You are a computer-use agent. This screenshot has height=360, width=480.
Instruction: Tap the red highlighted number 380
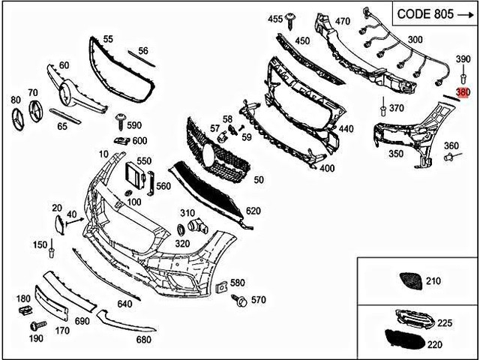click(463, 92)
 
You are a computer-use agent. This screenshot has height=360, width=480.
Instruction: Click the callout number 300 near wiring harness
click(414, 39)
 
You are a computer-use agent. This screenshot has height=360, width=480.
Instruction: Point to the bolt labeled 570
click(241, 301)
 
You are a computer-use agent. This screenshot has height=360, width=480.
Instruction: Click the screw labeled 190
click(34, 326)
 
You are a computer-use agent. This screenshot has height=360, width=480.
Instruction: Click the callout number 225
click(445, 323)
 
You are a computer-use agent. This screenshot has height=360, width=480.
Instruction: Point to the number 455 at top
click(275, 18)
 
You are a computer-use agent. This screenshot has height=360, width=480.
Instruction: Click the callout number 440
click(346, 129)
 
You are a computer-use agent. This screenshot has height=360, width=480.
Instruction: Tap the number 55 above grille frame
click(108, 38)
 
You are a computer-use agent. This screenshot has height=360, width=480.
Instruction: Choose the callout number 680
click(143, 339)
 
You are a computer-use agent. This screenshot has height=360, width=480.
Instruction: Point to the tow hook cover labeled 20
click(57, 223)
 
